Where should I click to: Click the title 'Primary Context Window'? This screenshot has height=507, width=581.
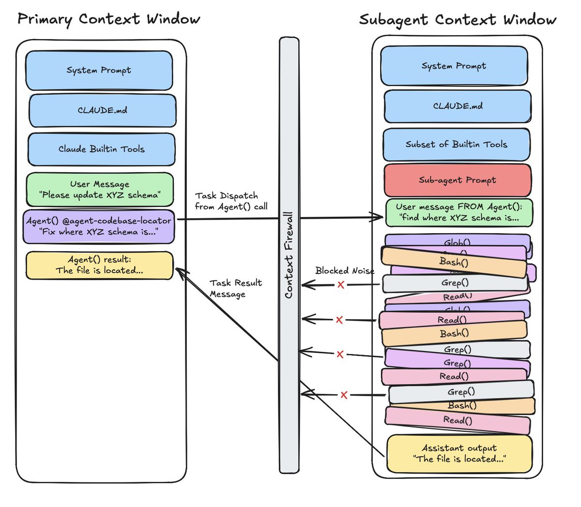click(x=109, y=19)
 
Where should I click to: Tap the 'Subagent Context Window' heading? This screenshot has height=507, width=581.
click(x=458, y=20)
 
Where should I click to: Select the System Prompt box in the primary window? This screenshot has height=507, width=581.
click(x=99, y=71)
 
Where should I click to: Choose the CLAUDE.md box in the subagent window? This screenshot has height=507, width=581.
click(x=458, y=106)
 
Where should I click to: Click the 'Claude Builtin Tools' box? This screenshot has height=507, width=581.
click(x=102, y=149)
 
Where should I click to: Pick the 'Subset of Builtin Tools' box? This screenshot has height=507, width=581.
click(x=456, y=145)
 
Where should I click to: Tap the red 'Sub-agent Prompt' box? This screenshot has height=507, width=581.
click(x=458, y=180)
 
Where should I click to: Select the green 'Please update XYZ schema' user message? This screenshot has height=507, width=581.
click(x=100, y=190)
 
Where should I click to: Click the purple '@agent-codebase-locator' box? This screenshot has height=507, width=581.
click(x=99, y=226)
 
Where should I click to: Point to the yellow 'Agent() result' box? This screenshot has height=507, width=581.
click(x=99, y=265)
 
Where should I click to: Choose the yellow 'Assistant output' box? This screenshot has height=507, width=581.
click(x=459, y=453)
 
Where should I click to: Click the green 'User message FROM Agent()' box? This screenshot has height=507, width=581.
click(x=459, y=212)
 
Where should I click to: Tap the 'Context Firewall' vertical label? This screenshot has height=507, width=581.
click(x=289, y=255)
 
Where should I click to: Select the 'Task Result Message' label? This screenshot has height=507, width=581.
click(x=235, y=288)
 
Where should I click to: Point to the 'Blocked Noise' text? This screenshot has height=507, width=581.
click(x=345, y=270)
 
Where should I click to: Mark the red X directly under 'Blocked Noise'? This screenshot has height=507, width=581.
click(x=341, y=285)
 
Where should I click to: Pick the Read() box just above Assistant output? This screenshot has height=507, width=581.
click(x=458, y=420)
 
